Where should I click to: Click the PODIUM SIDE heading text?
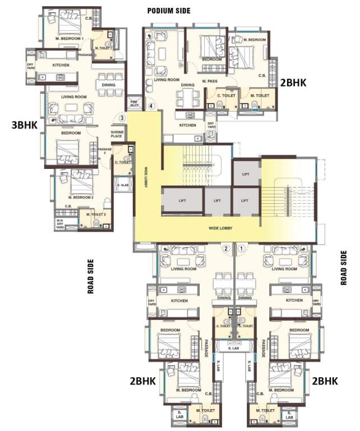coord(168,10)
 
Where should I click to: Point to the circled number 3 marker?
coord(122,118)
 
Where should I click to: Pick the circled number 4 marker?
coord(150,105)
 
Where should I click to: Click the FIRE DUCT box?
coord(134,103)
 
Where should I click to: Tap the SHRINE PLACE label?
coord(117,134)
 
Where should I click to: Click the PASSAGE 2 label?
coord(101,151)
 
